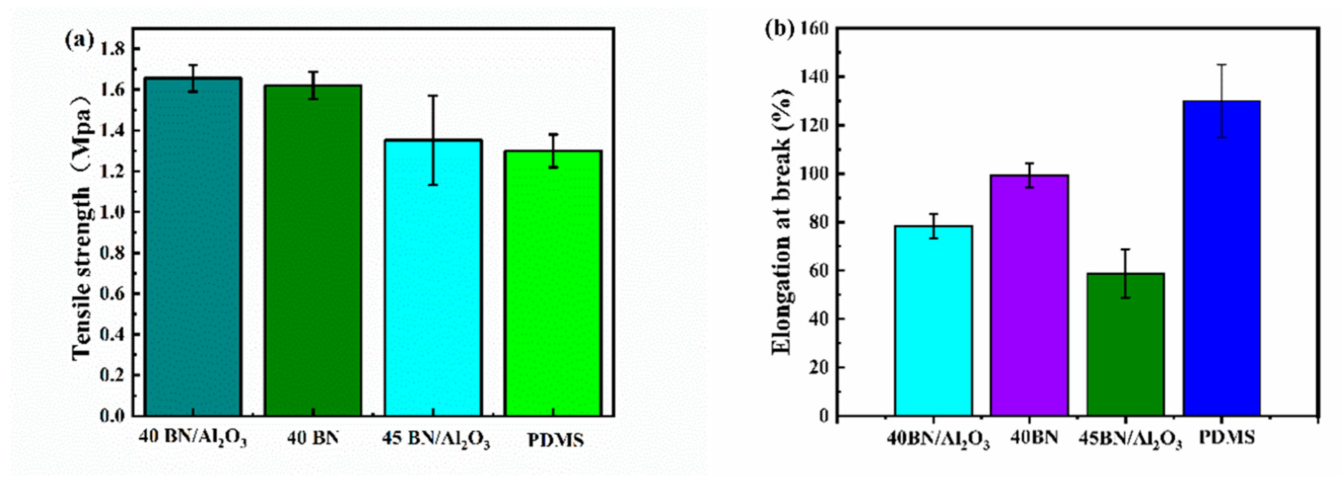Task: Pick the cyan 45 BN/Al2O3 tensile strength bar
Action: [433, 282]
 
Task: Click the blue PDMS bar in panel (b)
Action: [1222, 261]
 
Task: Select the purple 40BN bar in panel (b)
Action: [1030, 297]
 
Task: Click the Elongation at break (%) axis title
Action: [782, 222]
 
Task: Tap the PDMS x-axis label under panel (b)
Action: [1226, 437]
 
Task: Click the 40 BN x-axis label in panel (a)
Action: [312, 438]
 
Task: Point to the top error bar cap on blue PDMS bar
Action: [1222, 65]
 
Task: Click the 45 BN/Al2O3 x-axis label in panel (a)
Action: [435, 440]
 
